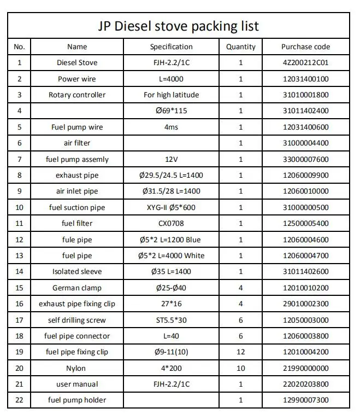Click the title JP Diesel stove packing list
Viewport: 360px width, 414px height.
(x=179, y=26)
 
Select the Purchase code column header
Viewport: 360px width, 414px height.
(x=305, y=46)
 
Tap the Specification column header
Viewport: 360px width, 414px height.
(x=171, y=46)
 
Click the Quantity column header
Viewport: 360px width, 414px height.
(x=240, y=46)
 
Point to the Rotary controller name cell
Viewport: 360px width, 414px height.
(x=77, y=95)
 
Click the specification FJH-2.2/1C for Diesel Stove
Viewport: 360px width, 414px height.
(x=171, y=62)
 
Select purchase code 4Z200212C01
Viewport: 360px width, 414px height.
(x=305, y=62)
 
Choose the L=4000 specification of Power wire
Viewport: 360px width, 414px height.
(x=171, y=79)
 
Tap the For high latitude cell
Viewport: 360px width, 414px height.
(x=171, y=95)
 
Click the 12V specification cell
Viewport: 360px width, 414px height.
(x=171, y=159)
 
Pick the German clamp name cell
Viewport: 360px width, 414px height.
(x=77, y=288)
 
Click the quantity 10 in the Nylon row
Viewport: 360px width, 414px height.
(x=240, y=368)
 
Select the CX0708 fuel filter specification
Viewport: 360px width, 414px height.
(x=171, y=223)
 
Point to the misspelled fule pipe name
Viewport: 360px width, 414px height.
(x=77, y=240)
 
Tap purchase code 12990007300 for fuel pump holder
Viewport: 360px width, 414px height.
(x=305, y=400)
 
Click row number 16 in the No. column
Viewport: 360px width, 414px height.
(x=20, y=304)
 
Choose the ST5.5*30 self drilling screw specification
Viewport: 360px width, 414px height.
(x=171, y=320)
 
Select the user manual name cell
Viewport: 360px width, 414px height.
(x=77, y=384)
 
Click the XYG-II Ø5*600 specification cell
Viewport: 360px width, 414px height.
(x=171, y=207)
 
